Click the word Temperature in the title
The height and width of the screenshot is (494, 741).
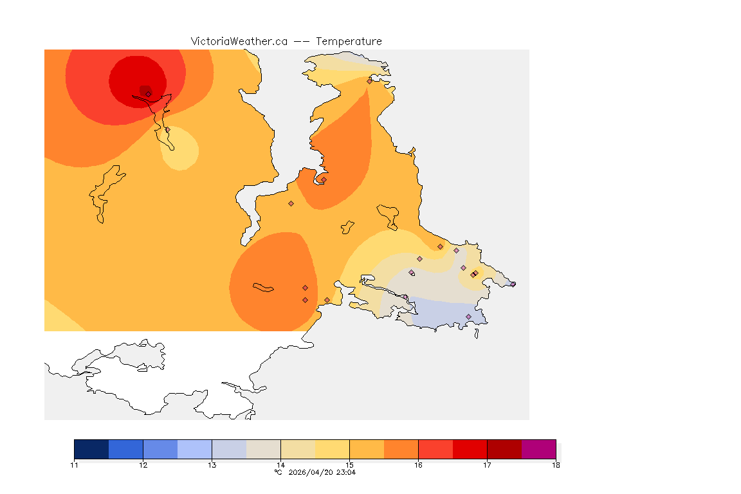pyautogui.click(x=348, y=42)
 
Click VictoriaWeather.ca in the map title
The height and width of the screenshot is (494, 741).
pyautogui.click(x=239, y=42)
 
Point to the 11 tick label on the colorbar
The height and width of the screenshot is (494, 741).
pyautogui.click(x=74, y=465)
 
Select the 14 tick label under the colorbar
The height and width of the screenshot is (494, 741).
pyautogui.click(x=280, y=465)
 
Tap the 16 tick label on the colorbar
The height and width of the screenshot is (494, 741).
pyautogui.click(x=418, y=465)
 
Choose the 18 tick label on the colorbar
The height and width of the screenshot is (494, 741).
pyautogui.click(x=555, y=465)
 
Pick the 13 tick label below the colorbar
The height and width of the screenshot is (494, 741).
pyautogui.click(x=212, y=465)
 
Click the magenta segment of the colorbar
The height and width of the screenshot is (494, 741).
pyautogui.click(x=538, y=449)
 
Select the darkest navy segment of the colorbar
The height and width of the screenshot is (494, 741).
pyautogui.click(x=91, y=449)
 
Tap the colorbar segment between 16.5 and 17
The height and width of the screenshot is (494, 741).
pyautogui.click(x=470, y=449)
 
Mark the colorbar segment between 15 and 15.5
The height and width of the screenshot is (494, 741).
pyautogui.click(x=367, y=449)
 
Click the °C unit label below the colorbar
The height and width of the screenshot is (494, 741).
pyautogui.click(x=278, y=473)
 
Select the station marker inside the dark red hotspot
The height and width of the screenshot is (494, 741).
pyautogui.click(x=148, y=94)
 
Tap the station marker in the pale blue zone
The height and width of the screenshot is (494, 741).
pyautogui.click(x=468, y=316)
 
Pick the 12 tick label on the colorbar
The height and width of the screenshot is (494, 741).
pyautogui.click(x=143, y=465)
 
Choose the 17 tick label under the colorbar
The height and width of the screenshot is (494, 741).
pyautogui.click(x=487, y=465)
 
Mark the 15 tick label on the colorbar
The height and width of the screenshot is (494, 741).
pyautogui.click(x=349, y=465)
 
